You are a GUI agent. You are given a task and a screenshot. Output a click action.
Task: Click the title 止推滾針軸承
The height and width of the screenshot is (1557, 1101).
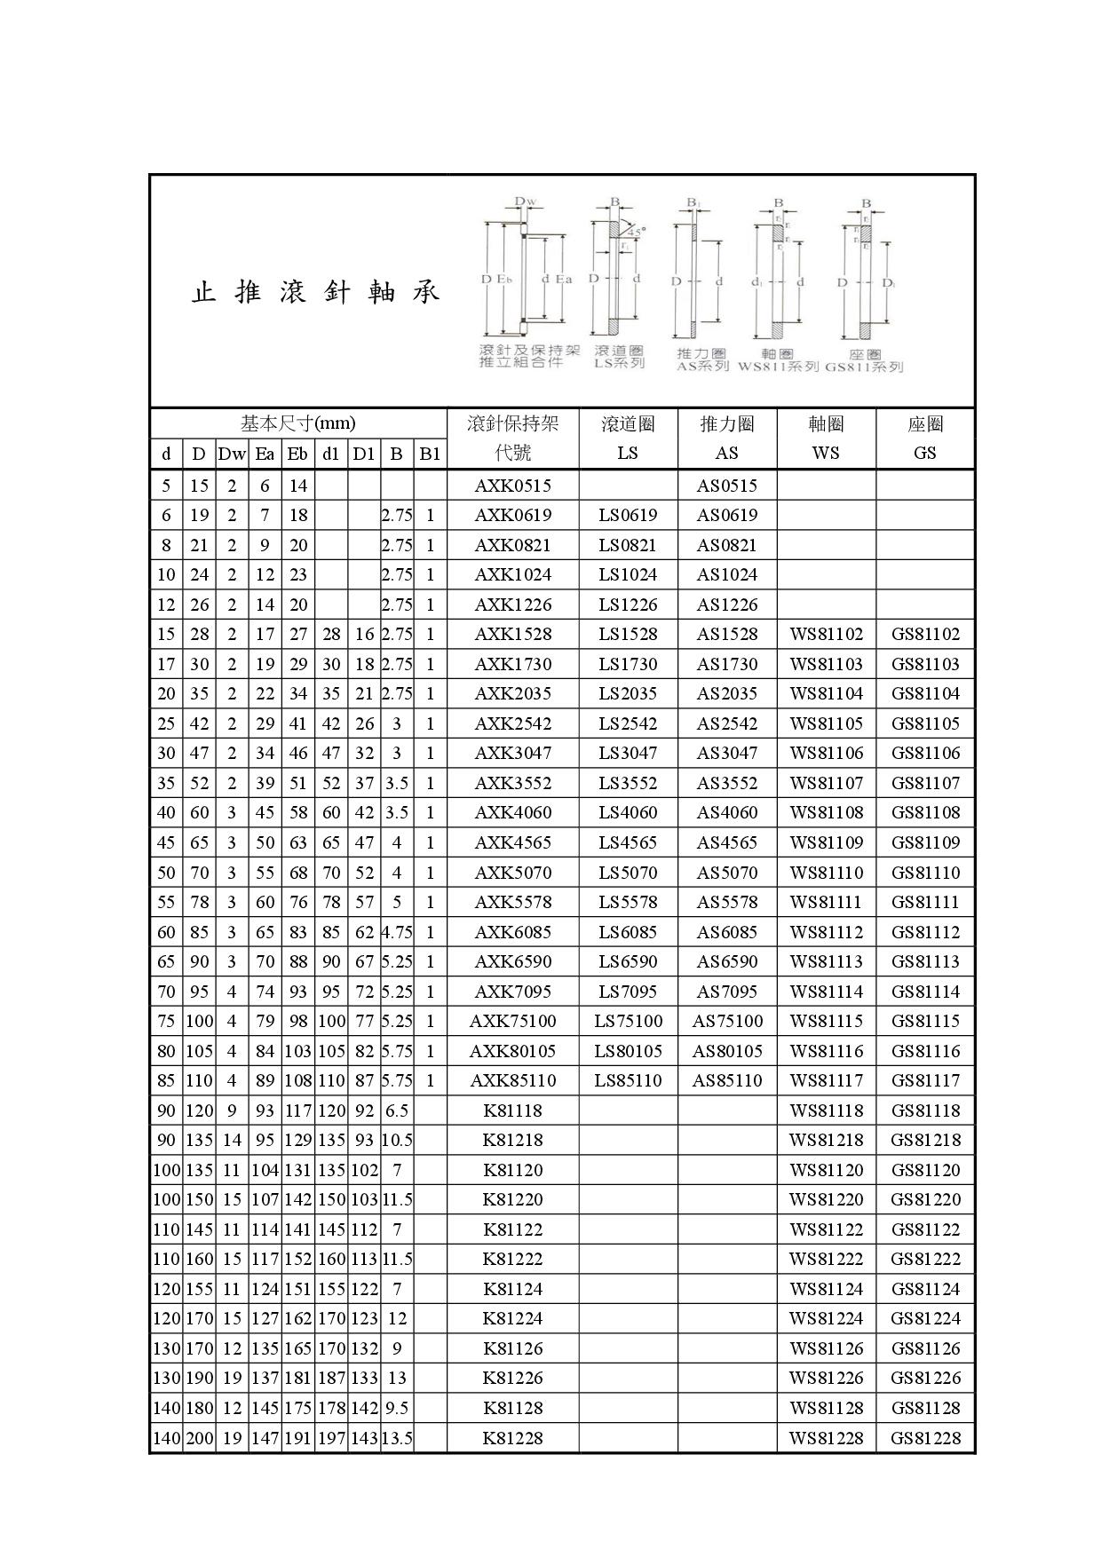click(316, 292)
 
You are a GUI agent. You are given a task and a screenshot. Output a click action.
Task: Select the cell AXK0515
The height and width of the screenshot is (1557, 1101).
click(512, 486)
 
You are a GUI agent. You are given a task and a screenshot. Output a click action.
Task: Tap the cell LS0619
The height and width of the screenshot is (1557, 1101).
click(628, 516)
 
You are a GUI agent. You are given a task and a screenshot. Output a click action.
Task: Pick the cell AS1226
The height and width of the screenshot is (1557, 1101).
click(726, 605)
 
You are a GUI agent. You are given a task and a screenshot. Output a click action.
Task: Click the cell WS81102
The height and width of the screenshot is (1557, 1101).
click(826, 635)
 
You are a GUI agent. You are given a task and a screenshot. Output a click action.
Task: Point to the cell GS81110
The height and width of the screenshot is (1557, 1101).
click(925, 873)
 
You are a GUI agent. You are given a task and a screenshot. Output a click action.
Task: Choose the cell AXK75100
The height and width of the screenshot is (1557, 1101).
click(512, 1021)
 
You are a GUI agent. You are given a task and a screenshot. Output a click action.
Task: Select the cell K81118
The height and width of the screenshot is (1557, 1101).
click(512, 1110)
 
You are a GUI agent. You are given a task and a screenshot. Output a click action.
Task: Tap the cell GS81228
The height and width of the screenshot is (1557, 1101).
click(925, 1438)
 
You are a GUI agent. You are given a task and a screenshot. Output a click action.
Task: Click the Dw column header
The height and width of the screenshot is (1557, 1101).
click(232, 454)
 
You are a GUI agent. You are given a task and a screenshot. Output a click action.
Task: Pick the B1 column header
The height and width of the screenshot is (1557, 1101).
click(430, 454)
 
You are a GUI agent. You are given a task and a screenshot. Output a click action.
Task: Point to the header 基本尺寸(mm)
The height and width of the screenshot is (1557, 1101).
click(297, 423)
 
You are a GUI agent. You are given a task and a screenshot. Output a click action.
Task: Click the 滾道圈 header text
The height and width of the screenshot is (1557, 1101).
click(628, 424)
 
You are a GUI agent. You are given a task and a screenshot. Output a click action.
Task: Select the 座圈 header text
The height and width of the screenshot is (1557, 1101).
click(925, 424)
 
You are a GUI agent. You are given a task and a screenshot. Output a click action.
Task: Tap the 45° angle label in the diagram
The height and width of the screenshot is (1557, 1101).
click(637, 230)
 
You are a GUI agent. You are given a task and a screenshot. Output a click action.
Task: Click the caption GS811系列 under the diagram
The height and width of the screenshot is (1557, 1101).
click(864, 367)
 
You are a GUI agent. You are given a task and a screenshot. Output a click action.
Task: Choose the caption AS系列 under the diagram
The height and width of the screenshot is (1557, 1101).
click(702, 366)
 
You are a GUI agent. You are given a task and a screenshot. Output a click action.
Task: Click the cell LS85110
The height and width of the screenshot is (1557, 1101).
click(628, 1080)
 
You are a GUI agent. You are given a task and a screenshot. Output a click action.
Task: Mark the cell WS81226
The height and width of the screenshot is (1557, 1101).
click(826, 1379)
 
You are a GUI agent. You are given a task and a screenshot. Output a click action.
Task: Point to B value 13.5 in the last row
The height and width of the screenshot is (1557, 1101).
click(397, 1438)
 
